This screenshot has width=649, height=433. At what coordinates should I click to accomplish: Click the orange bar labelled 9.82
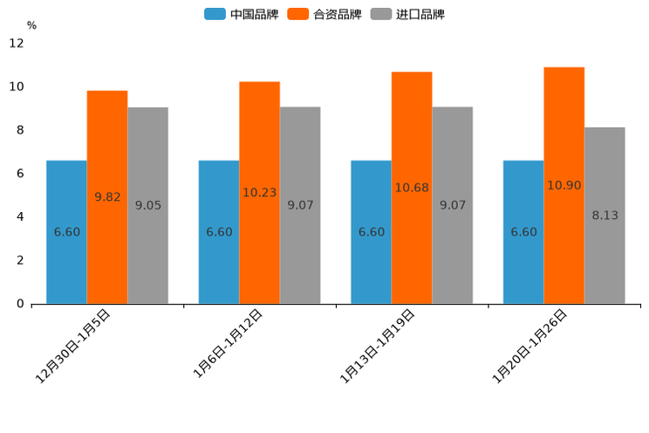point(107,197)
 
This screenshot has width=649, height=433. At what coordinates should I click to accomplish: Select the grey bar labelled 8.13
point(605,216)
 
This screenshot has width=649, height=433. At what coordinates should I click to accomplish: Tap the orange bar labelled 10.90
point(564,185)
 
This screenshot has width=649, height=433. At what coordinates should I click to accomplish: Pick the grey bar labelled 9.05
point(147,205)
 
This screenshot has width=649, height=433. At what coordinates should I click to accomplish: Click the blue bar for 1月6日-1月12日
point(219,232)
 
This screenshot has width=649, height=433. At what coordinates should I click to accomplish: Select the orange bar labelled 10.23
point(259,193)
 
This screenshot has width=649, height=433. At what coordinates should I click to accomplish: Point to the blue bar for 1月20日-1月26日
point(523,232)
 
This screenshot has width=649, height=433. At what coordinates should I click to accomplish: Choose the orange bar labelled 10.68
point(412,188)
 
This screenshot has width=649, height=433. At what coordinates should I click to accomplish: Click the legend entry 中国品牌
point(242,14)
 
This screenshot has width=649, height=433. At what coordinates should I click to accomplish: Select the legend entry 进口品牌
point(407,14)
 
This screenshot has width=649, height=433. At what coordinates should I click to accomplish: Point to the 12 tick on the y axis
point(17,44)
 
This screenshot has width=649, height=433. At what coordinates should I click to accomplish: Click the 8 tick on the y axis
point(20,130)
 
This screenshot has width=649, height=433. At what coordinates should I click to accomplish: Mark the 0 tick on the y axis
point(20,304)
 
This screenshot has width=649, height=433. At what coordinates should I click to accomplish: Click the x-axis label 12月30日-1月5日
point(73,346)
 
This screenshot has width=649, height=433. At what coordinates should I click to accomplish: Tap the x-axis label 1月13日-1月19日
point(378,346)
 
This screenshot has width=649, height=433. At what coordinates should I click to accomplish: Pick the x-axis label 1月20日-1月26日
point(530,346)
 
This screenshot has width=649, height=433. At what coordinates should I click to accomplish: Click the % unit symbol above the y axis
point(31,25)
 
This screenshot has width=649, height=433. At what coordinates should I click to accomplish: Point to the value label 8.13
point(605,216)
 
